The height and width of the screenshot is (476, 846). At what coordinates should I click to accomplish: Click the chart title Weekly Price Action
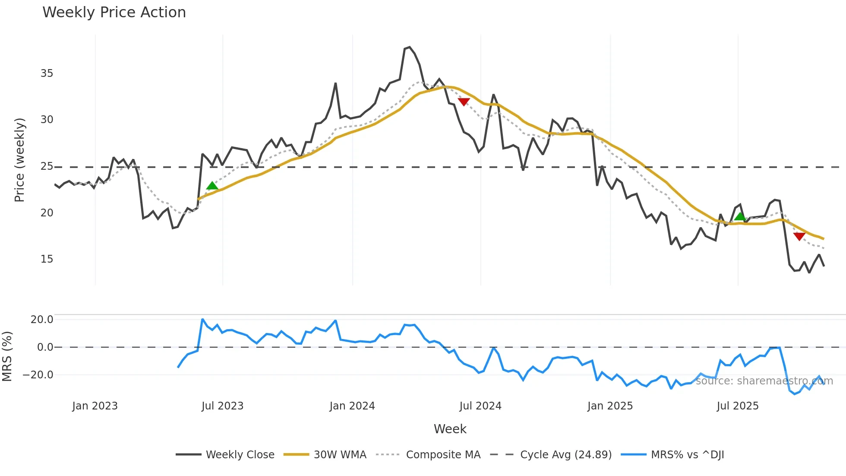pyautogui.click(x=114, y=13)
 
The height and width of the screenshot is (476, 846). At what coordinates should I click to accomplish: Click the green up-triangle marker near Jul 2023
pyautogui.click(x=212, y=186)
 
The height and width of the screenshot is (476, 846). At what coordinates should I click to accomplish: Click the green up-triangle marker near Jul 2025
pyautogui.click(x=740, y=216)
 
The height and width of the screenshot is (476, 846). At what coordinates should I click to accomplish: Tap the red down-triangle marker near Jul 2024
pyautogui.click(x=464, y=102)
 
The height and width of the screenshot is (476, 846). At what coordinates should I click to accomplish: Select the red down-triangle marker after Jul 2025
pyautogui.click(x=799, y=236)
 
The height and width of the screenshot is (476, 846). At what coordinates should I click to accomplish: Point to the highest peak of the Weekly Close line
pyautogui.click(x=409, y=48)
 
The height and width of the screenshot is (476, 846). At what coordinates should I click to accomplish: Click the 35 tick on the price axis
pyautogui.click(x=47, y=73)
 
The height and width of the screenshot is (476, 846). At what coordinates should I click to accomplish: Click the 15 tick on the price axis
pyautogui.click(x=47, y=259)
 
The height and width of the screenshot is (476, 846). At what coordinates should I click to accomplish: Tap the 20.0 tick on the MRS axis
pyautogui.click(x=42, y=320)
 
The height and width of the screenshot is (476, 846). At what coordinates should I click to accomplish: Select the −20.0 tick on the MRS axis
pyautogui.click(x=38, y=375)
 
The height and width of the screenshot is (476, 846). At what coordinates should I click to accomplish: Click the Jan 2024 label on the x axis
pyautogui.click(x=352, y=406)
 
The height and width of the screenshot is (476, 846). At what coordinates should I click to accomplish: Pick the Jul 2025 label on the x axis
pyautogui.click(x=737, y=406)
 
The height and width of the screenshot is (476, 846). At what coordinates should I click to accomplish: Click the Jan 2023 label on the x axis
pyautogui.click(x=95, y=406)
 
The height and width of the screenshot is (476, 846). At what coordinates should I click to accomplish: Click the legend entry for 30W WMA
pyautogui.click(x=340, y=455)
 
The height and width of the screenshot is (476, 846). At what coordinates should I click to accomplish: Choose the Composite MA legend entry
pyautogui.click(x=443, y=455)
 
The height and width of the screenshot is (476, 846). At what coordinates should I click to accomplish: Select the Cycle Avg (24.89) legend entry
pyautogui.click(x=565, y=455)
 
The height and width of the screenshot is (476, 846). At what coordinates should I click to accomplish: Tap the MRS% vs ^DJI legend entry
pyautogui.click(x=687, y=455)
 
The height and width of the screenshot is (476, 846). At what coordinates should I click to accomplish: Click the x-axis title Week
pyautogui.click(x=450, y=429)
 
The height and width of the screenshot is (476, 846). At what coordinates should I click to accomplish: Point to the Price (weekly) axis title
pyautogui.click(x=19, y=160)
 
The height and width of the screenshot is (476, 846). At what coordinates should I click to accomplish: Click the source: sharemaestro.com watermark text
pyautogui.click(x=764, y=381)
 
